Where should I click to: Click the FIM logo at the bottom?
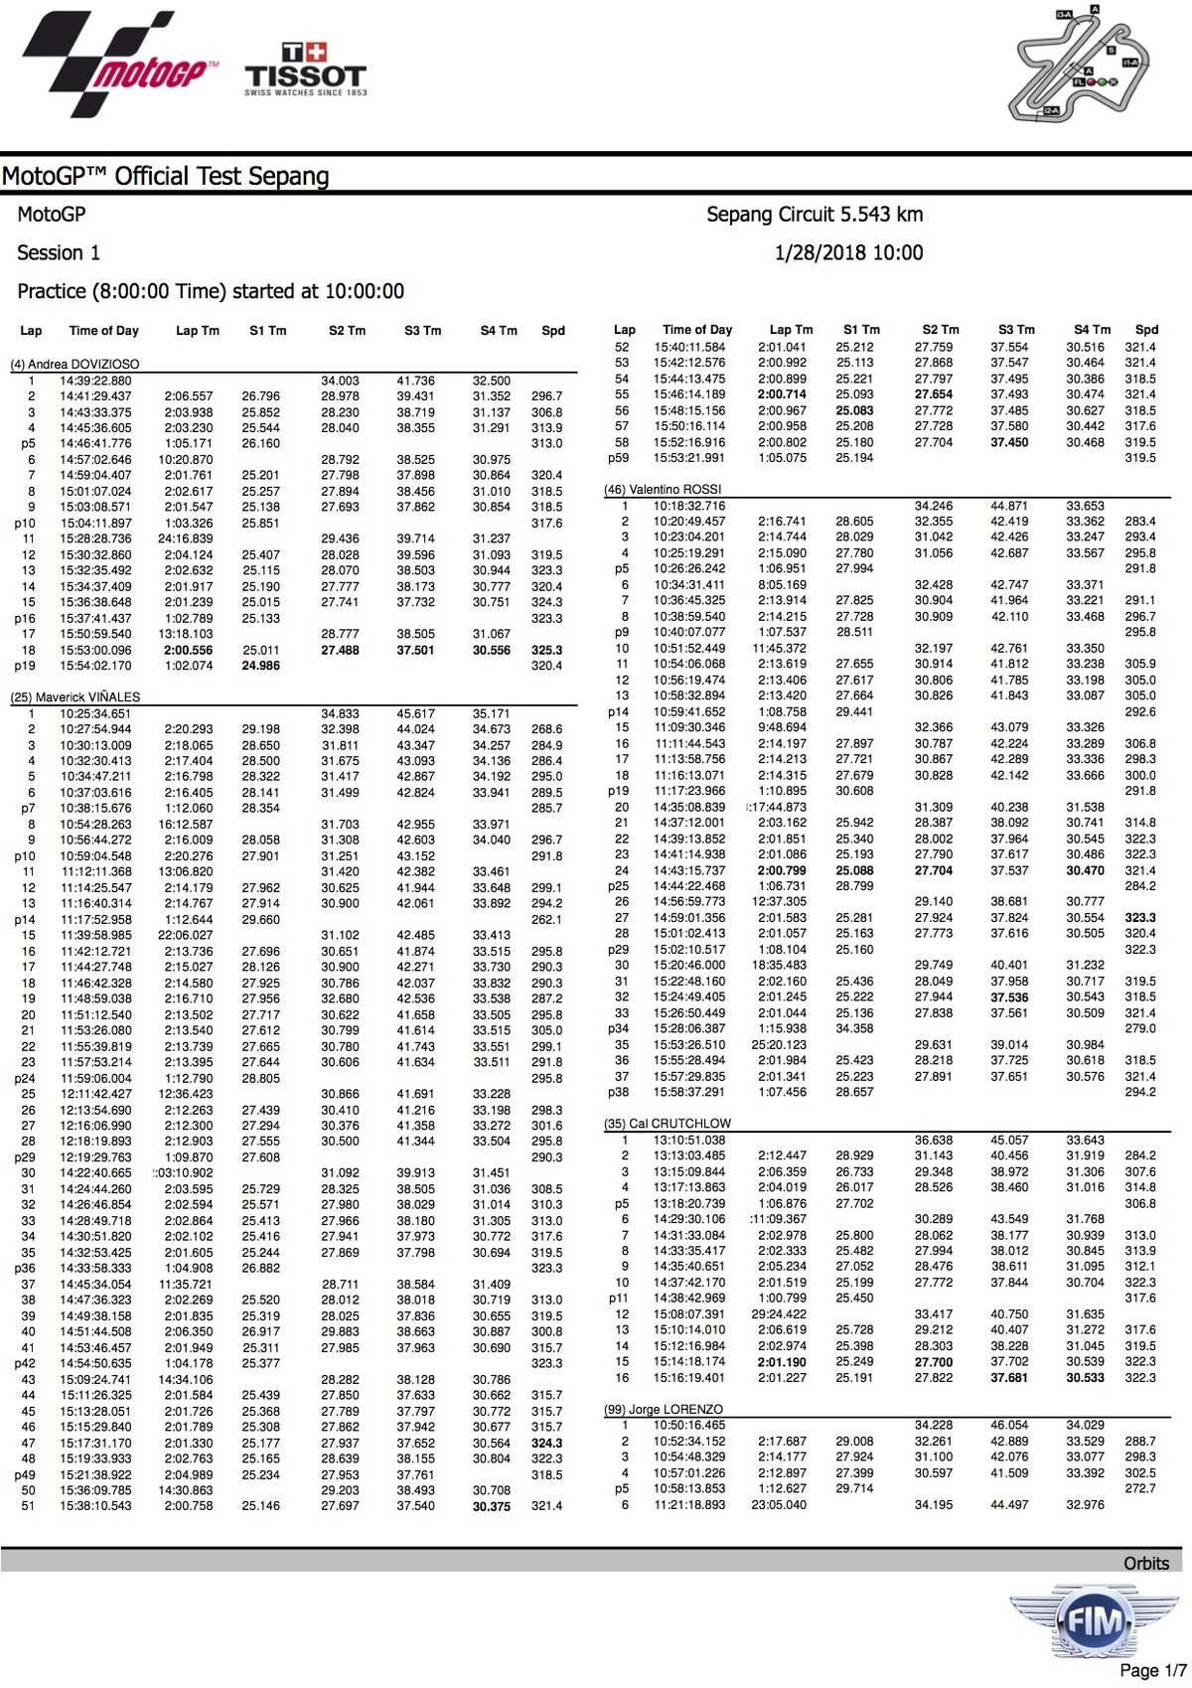pos(1082,1622)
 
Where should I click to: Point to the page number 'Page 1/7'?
pos(1152,1671)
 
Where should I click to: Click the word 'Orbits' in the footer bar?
pos(1145,1563)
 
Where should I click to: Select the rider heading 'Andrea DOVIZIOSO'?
pos(74,365)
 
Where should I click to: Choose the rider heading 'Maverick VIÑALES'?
pos(75,697)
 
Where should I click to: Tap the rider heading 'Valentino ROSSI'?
pos(663,490)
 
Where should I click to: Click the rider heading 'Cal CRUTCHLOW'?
pos(668,1124)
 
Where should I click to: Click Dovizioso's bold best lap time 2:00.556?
pos(189,651)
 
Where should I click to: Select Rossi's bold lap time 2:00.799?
pos(782,871)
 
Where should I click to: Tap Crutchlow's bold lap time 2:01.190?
pos(782,1362)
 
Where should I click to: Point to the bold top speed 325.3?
pos(546,651)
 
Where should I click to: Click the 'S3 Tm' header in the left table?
pos(423,331)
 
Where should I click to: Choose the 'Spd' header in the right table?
pos(1146,330)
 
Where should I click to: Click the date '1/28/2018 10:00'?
pos(848,253)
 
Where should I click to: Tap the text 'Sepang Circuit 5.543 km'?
pos(815,215)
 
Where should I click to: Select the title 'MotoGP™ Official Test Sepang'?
pos(166,177)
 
